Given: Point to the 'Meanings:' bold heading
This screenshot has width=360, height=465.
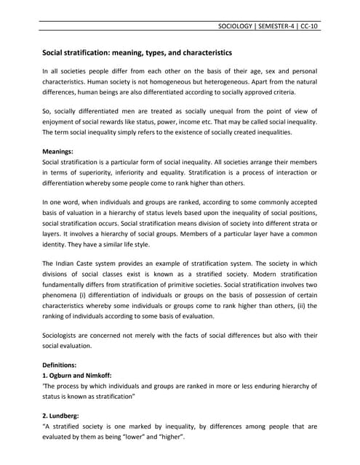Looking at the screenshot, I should (x=62, y=150).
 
